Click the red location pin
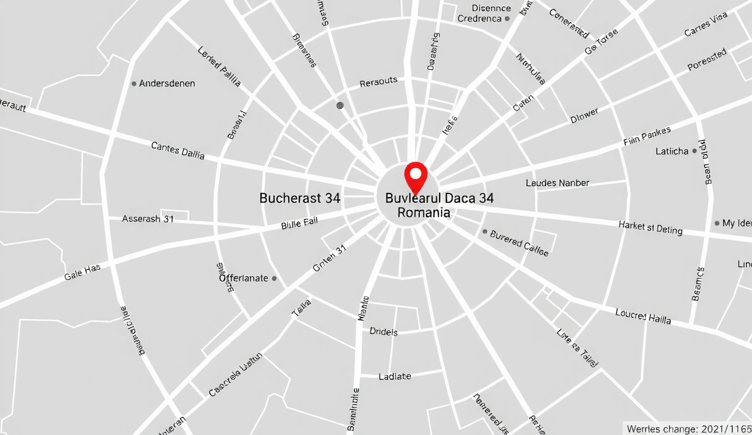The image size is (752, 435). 416,175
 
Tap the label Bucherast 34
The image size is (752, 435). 299,198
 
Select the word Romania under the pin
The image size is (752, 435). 424,213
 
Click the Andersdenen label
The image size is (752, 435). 167,83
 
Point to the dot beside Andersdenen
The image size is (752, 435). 134,83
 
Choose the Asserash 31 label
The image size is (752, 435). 148,219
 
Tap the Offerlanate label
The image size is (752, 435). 244,278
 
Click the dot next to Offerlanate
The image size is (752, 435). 275,278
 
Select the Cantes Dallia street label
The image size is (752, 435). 178,150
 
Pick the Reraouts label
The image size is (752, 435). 378,82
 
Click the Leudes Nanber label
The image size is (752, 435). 557,183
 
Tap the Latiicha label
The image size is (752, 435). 672,151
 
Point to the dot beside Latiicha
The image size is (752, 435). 694,151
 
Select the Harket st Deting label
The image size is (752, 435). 651,227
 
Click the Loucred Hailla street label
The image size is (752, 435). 643,316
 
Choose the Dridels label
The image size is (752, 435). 383,332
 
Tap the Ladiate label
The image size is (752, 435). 395,376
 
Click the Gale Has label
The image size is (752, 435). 82,272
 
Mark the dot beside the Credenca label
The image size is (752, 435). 507,19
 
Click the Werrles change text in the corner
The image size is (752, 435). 688,429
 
